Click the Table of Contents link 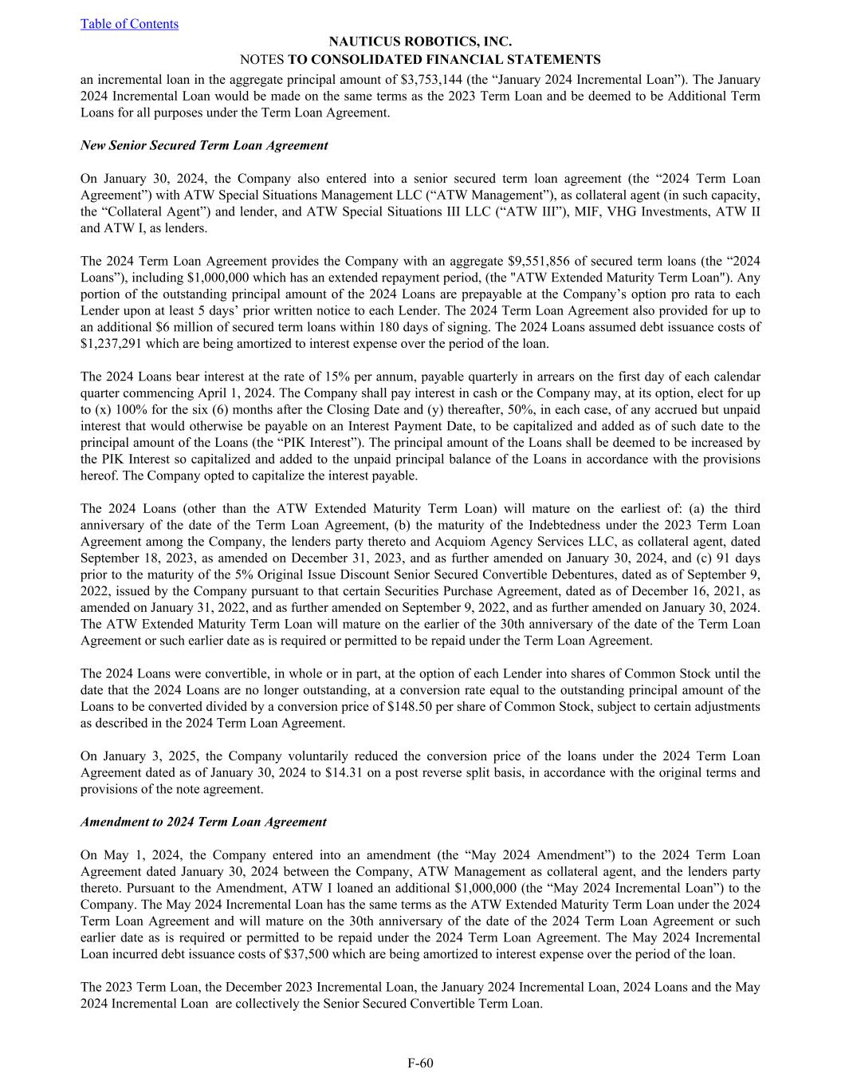point(129,24)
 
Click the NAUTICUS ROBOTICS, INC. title point(420,41)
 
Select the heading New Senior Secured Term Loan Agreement point(204,145)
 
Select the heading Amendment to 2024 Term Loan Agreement point(203,822)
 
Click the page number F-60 point(420,1063)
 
